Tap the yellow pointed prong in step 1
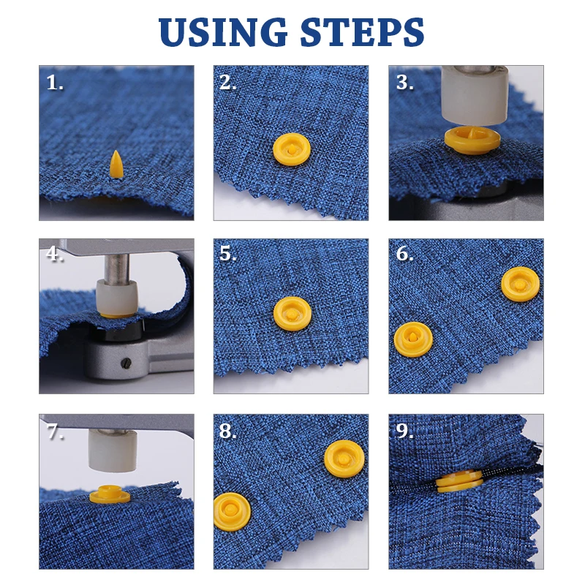tap(116, 165)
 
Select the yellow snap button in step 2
tap(291, 148)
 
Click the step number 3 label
tap(404, 83)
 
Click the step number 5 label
tap(228, 254)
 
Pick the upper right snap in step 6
tap(519, 284)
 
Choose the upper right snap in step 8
tap(344, 458)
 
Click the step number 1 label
tap(54, 83)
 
